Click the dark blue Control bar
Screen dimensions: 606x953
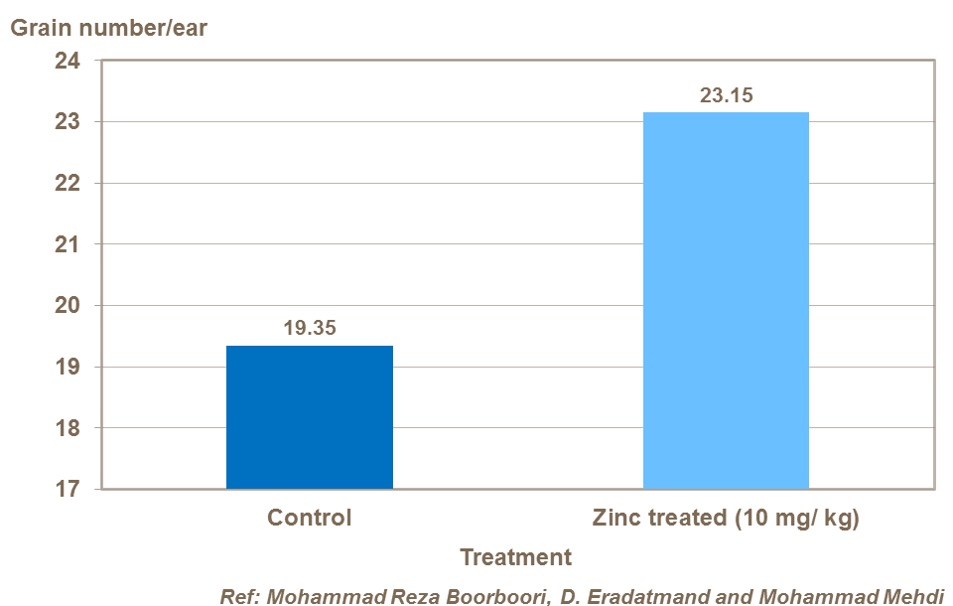coord(310,417)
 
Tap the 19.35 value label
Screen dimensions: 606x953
coord(310,327)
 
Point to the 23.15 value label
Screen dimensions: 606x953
coord(726,95)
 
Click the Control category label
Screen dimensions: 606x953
coord(310,518)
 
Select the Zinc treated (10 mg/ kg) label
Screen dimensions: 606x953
coord(726,518)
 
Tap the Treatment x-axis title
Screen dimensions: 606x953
coord(516,557)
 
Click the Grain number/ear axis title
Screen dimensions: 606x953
coord(108,27)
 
